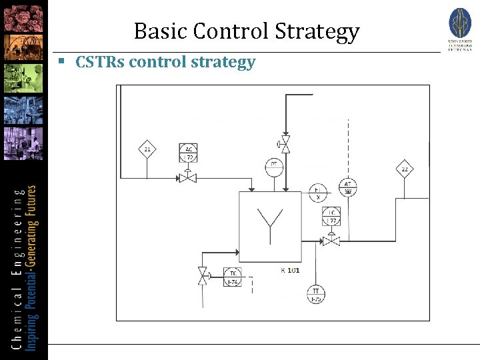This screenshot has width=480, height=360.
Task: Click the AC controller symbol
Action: click(x=188, y=153)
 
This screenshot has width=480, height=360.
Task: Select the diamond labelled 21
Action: click(x=147, y=149)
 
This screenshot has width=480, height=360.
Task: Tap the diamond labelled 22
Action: click(x=404, y=169)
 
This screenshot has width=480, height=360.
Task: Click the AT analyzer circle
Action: click(x=347, y=187)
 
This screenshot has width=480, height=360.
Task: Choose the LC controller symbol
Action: click(x=331, y=216)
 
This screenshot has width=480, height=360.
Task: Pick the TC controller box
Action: click(x=233, y=278)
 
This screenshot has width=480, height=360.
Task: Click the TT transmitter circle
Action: click(x=315, y=294)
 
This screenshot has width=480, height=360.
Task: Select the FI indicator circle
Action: click(x=318, y=193)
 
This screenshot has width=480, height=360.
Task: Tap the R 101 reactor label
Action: click(x=289, y=270)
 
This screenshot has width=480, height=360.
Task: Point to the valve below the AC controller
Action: click(x=187, y=177)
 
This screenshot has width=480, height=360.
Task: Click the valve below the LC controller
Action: click(x=331, y=240)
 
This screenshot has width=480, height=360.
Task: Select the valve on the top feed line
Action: click(x=285, y=143)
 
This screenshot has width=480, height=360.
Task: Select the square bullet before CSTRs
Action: click(x=61, y=61)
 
